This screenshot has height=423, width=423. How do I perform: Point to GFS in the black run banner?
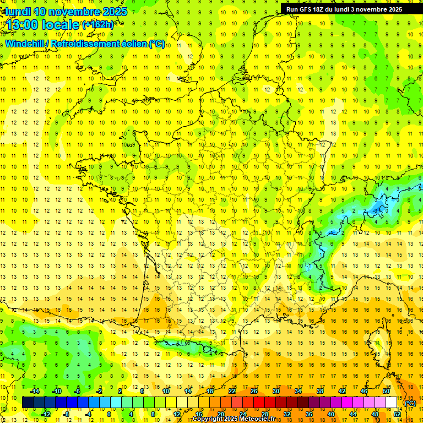pyautogui.click(x=307, y=9)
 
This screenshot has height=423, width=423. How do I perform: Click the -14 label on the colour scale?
pyautogui.click(x=35, y=391)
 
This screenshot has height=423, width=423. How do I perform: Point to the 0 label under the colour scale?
pyautogui.click(x=109, y=414)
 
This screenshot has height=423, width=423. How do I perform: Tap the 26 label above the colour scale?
pyautogui.click(x=254, y=391)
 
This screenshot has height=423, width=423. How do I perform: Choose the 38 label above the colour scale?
pyautogui.click(x=320, y=391)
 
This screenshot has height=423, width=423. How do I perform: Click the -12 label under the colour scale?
pyautogui.click(x=46, y=414)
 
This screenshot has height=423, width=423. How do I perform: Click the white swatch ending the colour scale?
pyautogui.click(x=392, y=403)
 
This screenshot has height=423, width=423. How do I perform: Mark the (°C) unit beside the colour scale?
pyautogui.click(x=410, y=403)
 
